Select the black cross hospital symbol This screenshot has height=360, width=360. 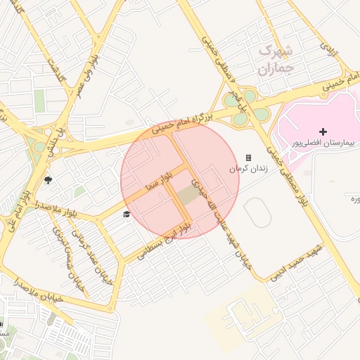[323, 131]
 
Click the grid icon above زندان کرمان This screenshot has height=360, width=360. [248, 158]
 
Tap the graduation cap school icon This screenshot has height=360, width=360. [127, 214]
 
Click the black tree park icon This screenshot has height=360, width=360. [48, 181]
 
